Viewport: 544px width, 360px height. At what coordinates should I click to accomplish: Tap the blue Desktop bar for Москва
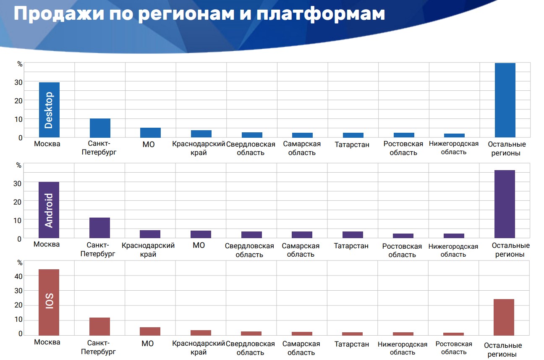[x=49, y=110]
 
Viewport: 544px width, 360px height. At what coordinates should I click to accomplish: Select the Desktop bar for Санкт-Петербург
[x=100, y=128]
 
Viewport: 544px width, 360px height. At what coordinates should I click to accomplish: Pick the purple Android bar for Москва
[x=49, y=210]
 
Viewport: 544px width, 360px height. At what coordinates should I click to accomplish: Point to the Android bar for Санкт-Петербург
[x=99, y=228]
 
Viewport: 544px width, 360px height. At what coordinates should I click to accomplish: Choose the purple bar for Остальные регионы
[x=505, y=204]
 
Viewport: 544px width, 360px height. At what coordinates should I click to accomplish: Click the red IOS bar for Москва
[x=49, y=302]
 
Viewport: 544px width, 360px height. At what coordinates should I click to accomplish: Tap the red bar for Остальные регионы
[x=504, y=317]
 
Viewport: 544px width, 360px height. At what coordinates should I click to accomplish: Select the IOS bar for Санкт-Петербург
[x=99, y=326]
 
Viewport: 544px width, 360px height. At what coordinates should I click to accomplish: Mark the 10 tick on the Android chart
[x=18, y=220]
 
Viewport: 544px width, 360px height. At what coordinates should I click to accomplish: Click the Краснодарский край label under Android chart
[x=148, y=250]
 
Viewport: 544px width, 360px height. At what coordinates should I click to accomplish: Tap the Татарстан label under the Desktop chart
[x=352, y=145]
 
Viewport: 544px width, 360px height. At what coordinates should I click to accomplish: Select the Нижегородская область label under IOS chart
[x=402, y=348]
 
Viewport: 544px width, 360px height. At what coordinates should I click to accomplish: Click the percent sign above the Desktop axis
[x=20, y=64]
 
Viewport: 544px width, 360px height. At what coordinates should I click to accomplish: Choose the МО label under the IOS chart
[x=147, y=344]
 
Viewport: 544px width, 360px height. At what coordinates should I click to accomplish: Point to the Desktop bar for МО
[x=150, y=132]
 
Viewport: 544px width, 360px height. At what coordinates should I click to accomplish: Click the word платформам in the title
[x=320, y=14]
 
